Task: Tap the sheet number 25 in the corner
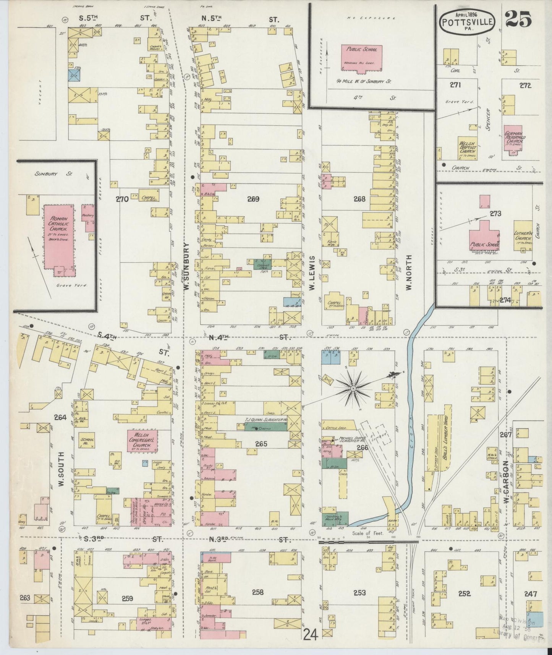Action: pyautogui.click(x=520, y=19)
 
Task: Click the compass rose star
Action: pyautogui.click(x=353, y=388)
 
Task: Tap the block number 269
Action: pyautogui.click(x=253, y=199)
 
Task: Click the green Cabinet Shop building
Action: pyautogui.click(x=262, y=264)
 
